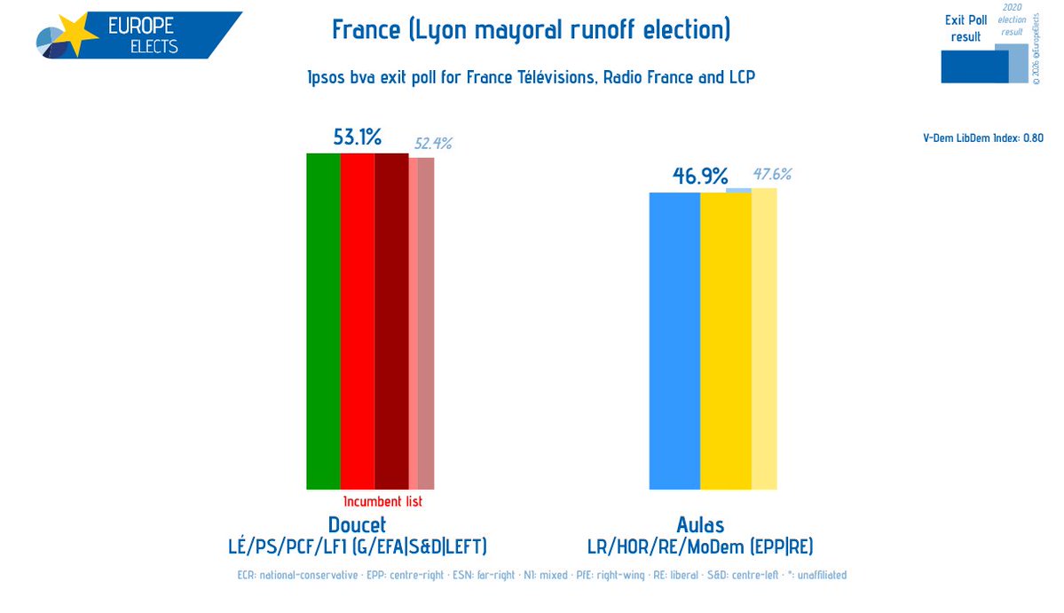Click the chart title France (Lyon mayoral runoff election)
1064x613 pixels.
pos(531,30)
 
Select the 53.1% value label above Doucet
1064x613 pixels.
pos(357,138)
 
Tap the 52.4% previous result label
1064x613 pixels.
pos(433,144)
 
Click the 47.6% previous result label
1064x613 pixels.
pos(772,175)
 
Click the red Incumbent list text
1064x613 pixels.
pos(382,502)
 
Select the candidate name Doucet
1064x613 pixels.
pos(357,525)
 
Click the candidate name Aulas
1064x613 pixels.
pos(700,525)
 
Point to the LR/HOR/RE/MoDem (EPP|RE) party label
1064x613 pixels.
pos(700,546)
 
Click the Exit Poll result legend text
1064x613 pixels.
pos(965,28)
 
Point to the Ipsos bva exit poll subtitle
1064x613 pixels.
pos(531,78)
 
